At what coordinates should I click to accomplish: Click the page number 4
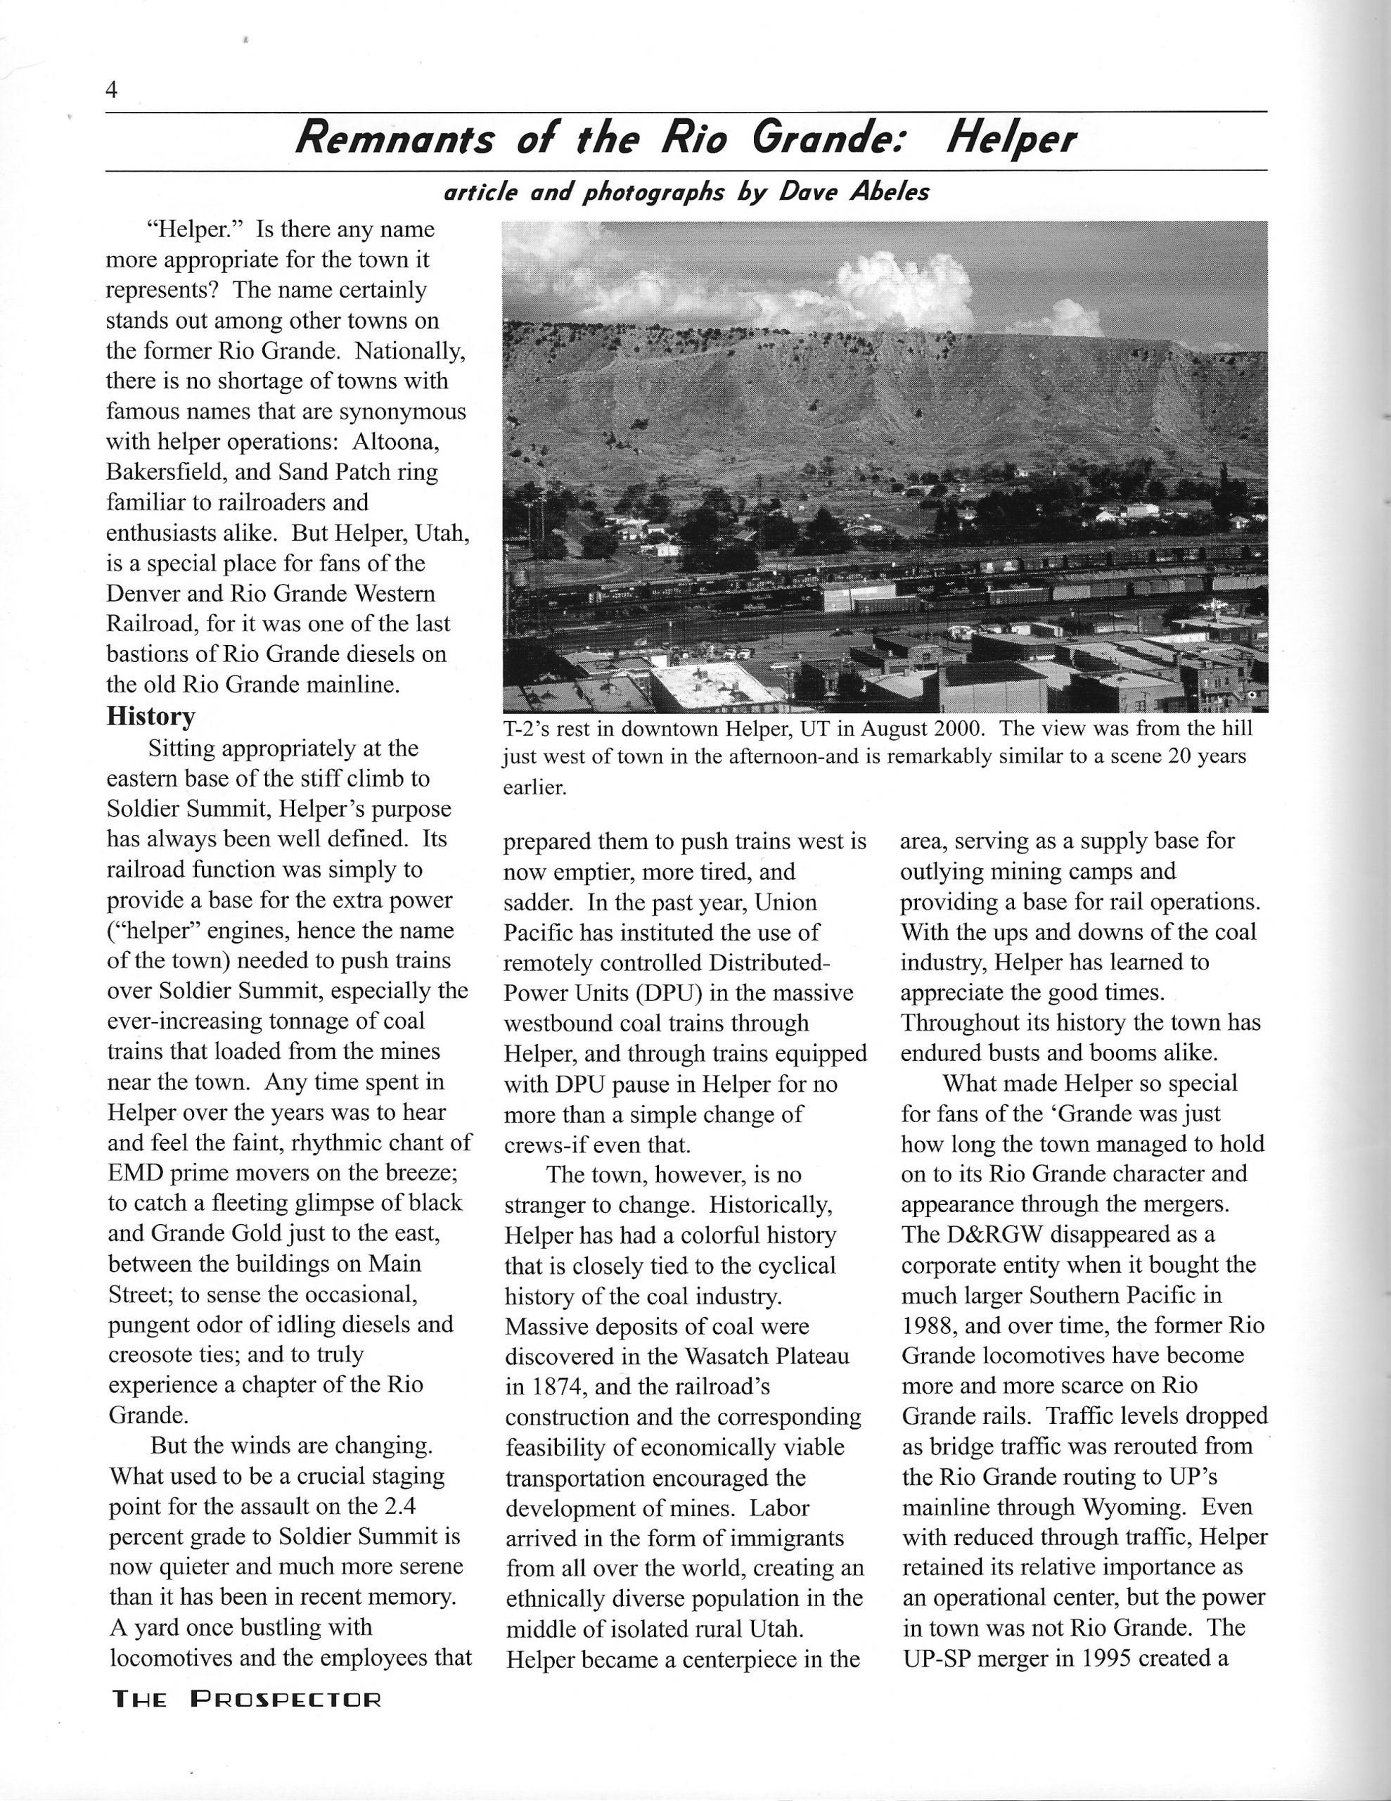point(112,89)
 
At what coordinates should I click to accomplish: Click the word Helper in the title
point(1010,139)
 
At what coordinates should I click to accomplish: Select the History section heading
point(151,715)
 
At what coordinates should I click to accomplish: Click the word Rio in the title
point(693,139)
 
